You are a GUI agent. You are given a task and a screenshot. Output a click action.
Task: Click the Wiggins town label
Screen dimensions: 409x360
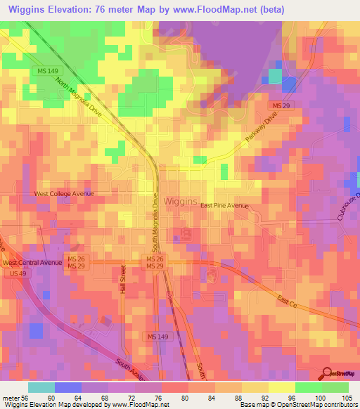[x=180, y=201]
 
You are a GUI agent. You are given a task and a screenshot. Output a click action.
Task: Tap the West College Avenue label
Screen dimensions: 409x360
[x=64, y=193]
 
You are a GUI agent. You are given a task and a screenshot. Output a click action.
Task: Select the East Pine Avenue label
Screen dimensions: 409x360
[x=224, y=205]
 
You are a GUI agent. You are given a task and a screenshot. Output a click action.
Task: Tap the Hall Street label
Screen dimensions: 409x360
[x=123, y=280]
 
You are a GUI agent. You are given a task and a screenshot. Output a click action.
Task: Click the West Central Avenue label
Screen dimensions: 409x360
[x=32, y=263]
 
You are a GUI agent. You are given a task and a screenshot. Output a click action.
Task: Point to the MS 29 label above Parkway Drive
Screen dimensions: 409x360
[x=282, y=105]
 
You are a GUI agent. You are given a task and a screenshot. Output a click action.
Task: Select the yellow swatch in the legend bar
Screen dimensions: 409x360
[x=282, y=387]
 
